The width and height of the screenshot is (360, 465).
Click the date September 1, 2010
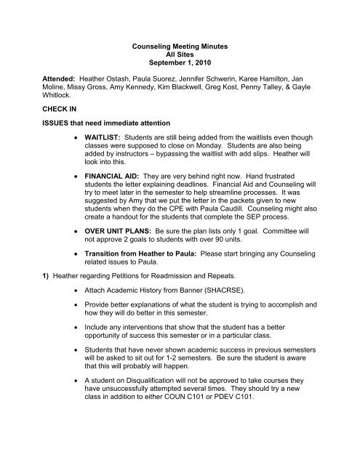click(x=178, y=68)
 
